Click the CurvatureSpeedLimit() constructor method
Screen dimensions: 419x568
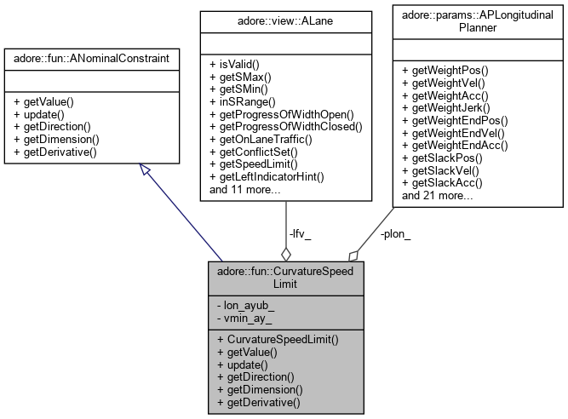point(278,339)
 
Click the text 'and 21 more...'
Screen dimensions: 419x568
point(438,195)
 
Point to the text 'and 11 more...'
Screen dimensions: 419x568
point(246,189)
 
